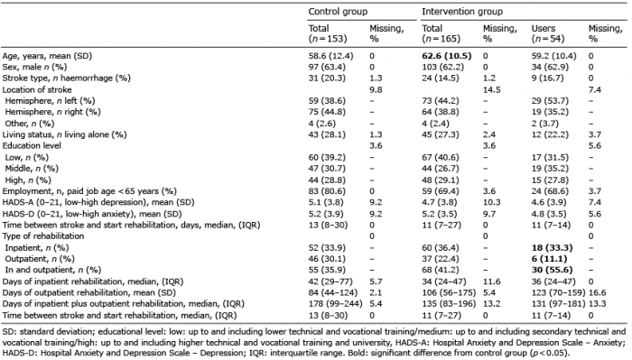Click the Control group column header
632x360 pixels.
pyautogui.click(x=338, y=12)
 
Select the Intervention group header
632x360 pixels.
pyautogui.click(x=462, y=12)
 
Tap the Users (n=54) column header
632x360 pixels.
pyautogui.click(x=548, y=33)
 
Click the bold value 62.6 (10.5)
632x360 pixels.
pyautogui.click(x=447, y=56)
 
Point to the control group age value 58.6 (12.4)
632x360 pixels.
pyautogui.click(x=331, y=56)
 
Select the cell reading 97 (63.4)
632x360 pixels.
pyautogui.click(x=327, y=67)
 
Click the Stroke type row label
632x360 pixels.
pyautogui.click(x=67, y=78)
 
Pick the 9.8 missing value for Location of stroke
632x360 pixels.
pyautogui.click(x=376, y=89)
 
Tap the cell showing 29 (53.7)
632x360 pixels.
pyautogui.click(x=550, y=101)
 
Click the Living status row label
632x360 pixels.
pyautogui.click(x=64, y=134)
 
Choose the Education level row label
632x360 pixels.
pyautogui.click(x=32, y=145)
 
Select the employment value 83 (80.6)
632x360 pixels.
pyautogui.click(x=327, y=191)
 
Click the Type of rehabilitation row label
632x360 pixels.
pyautogui.click(x=43, y=236)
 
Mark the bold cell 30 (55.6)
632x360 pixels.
pyautogui.click(x=552, y=270)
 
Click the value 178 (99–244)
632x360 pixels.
pyautogui.click(x=335, y=304)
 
